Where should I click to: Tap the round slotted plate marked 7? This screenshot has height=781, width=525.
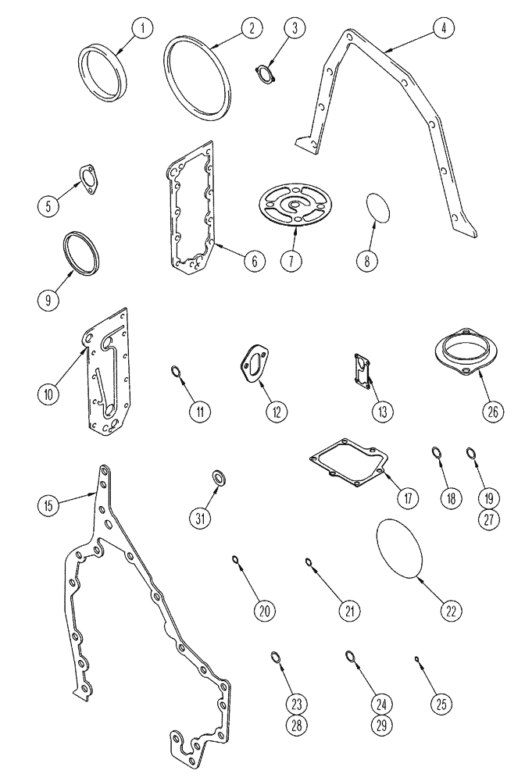[293, 204]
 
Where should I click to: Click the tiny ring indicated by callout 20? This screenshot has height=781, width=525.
[235, 558]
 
